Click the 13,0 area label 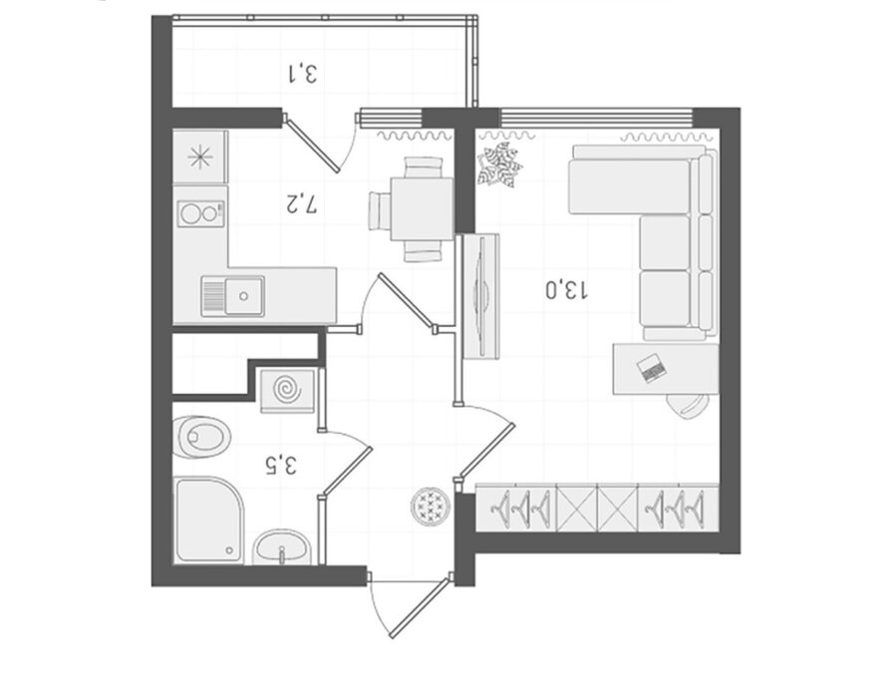pyautogui.click(x=567, y=289)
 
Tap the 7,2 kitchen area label pyautogui.click(x=301, y=203)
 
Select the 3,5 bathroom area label pyautogui.click(x=281, y=465)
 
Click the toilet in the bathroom pyautogui.click(x=201, y=437)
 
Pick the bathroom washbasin pyautogui.click(x=281, y=547)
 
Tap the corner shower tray pyautogui.click(x=208, y=521)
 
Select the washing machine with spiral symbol pyautogui.click(x=287, y=391)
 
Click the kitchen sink pyautogui.click(x=233, y=296)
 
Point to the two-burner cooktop pyautogui.click(x=201, y=213)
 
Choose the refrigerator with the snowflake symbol pyautogui.click(x=200, y=157)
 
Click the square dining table pyautogui.click(x=422, y=208)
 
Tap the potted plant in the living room pyautogui.click(x=499, y=165)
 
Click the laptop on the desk pyautogui.click(x=651, y=368)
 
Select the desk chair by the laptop pyautogui.click(x=688, y=406)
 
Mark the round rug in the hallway pyautogui.click(x=431, y=506)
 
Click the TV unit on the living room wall pyautogui.click(x=481, y=296)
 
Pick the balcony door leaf pyautogui.click(x=312, y=145)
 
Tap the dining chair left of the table pyautogui.click(x=379, y=210)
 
